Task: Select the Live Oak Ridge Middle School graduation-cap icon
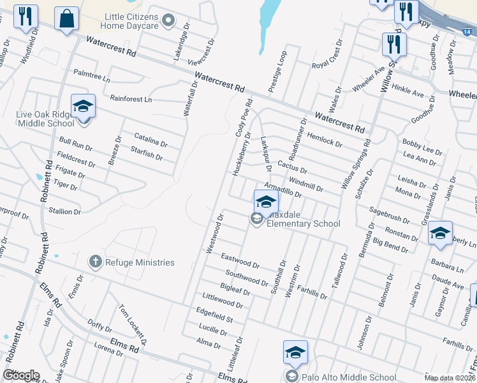(x=83, y=106)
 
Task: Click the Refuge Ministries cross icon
(x=95, y=262)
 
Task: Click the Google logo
(x=22, y=375)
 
